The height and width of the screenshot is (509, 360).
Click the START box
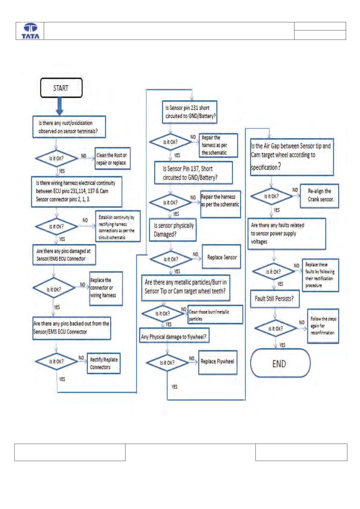[x=61, y=88]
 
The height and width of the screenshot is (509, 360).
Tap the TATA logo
[x=30, y=31]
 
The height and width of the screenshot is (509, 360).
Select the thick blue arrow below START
[x=60, y=106]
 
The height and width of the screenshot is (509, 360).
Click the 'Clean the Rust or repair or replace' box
[x=112, y=158]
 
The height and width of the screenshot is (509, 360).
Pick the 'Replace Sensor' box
[x=221, y=257]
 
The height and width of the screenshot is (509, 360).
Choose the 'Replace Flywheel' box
[x=218, y=363]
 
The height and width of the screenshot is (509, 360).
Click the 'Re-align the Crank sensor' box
[x=319, y=196]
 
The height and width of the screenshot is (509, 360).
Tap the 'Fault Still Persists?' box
[x=275, y=299]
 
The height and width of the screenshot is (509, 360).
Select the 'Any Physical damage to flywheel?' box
[x=174, y=336]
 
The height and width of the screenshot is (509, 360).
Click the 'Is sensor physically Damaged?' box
[x=173, y=230]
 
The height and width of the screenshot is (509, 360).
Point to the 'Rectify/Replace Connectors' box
[x=104, y=363]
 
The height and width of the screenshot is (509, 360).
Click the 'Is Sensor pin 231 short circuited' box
[x=189, y=112]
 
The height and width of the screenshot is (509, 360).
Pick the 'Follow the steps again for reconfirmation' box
[x=323, y=326]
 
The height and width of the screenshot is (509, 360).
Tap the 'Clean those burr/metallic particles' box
[x=215, y=314]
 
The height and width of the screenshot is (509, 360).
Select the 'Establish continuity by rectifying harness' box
[x=118, y=226]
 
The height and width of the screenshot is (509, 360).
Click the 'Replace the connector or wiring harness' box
[x=106, y=288]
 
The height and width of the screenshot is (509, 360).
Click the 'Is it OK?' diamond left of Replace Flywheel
[x=167, y=363]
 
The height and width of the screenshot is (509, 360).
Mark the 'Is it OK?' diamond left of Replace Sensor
[x=171, y=259]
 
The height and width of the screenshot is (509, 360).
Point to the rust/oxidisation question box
[x=69, y=127]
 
